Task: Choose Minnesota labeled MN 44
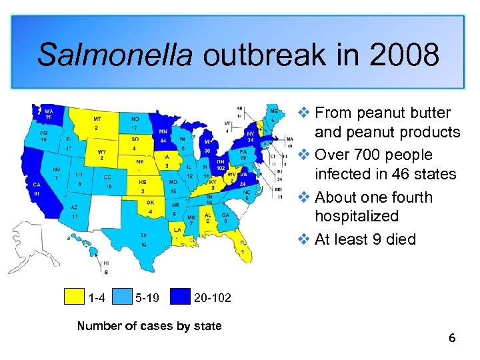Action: (162, 136)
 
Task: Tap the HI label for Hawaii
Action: (106, 264)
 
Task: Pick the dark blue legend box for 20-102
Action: (178, 297)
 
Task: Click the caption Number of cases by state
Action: (149, 326)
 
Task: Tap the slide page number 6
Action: (452, 339)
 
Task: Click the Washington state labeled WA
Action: (49, 113)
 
